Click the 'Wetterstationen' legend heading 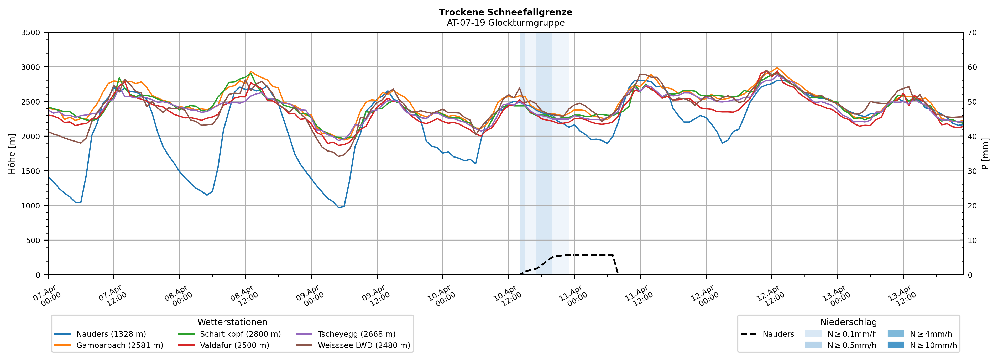pyautogui.click(x=232, y=322)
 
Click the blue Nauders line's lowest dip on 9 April pyautogui.click(x=339, y=207)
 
